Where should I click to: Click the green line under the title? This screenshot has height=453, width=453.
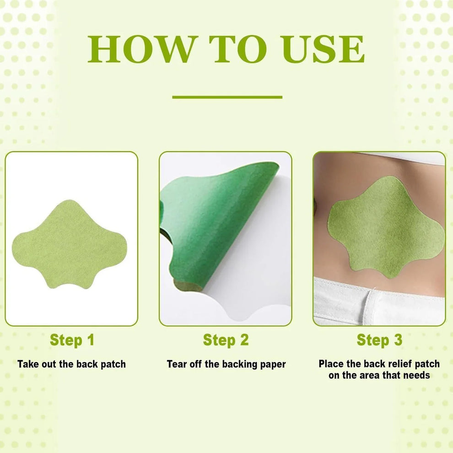coord(227,97)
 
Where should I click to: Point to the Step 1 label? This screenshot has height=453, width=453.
coord(72,340)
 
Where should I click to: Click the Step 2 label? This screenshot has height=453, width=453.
coord(226,340)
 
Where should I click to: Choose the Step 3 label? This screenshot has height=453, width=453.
coord(379,340)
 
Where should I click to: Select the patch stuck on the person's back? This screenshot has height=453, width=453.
coord(384,229)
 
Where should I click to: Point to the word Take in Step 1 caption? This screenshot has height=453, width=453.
coord(28,364)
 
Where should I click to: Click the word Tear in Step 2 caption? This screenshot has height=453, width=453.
coord(177,364)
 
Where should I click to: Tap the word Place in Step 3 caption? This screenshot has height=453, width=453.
coord(332,364)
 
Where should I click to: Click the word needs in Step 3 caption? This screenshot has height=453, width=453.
coord(417,375)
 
